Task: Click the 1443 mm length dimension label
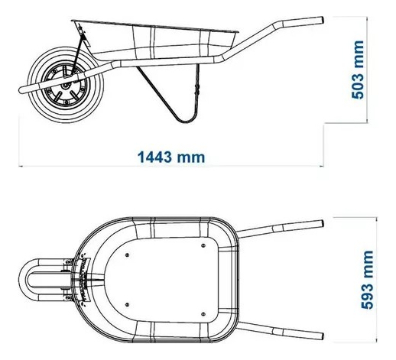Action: pyautogui.click(x=171, y=157)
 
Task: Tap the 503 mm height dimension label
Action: pyautogui.click(x=357, y=70)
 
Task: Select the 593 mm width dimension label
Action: pyautogui.click(x=367, y=280)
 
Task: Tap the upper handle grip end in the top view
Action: pyautogui.click(x=321, y=224)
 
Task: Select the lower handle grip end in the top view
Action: pyautogui.click(x=321, y=336)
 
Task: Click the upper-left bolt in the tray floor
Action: pyautogui.click(x=127, y=255)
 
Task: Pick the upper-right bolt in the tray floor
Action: pyautogui.click(x=203, y=245)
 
